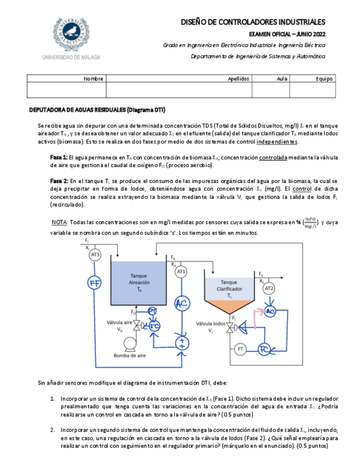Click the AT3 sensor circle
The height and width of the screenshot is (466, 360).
[96, 254]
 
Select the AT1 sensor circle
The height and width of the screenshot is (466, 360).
[181, 271]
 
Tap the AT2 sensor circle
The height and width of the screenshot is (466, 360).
[269, 288]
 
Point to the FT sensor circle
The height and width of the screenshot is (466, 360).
[240, 349]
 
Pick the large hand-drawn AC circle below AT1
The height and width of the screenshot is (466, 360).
[181, 304]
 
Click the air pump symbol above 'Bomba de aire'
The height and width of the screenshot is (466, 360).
[130, 343]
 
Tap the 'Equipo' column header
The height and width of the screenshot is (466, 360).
[324, 79]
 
